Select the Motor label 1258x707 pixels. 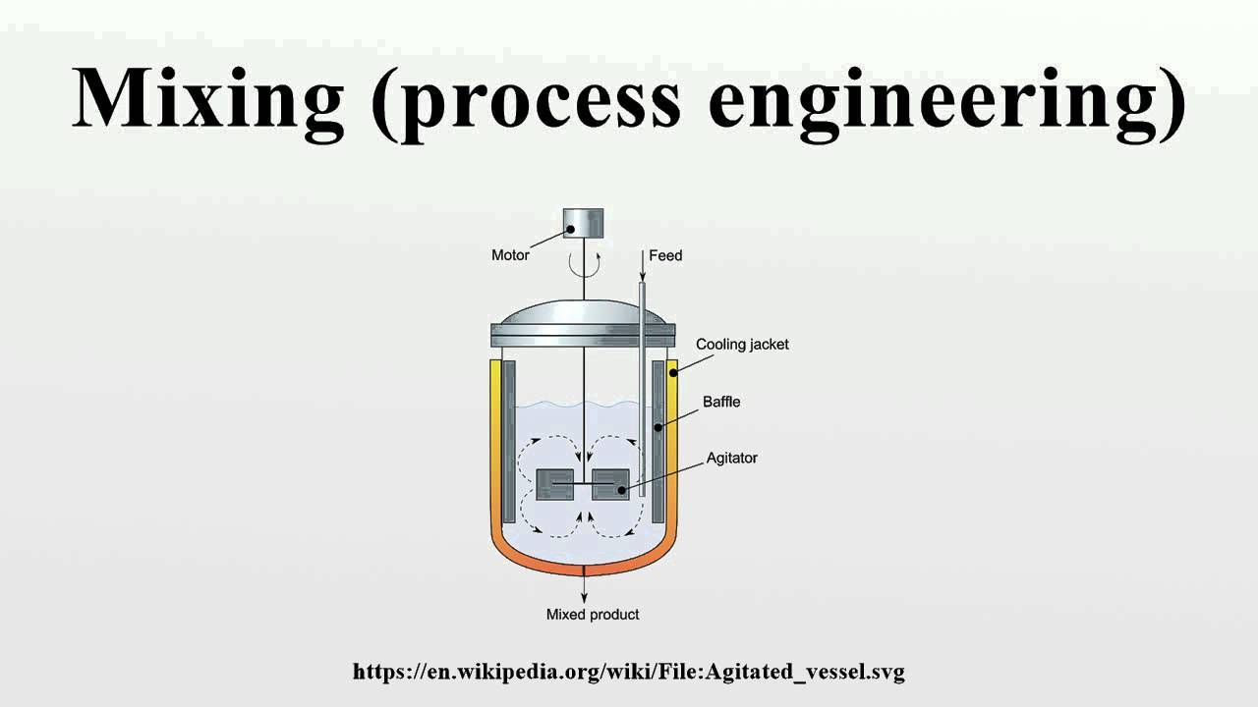pos(510,255)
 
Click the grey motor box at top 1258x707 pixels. pos(583,222)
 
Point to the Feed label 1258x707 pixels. pos(665,255)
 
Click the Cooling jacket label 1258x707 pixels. pos(742,345)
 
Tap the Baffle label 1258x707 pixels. pos(721,402)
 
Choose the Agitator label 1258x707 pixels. pos(732,458)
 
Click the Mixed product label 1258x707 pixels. pos(593,615)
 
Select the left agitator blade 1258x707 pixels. pos(555,484)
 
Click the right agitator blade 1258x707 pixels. pos(610,484)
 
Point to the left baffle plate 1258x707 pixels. pos(509,442)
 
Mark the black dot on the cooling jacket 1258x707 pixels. pos(673,372)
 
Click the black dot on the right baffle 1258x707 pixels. pos(658,427)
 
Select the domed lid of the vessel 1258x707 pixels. pos(584,313)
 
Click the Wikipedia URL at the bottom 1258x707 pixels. pos(629,673)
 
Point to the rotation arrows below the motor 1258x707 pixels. pos(584,263)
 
